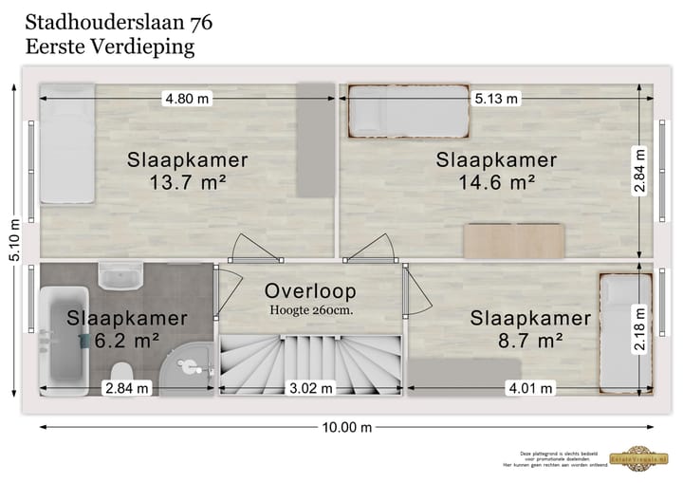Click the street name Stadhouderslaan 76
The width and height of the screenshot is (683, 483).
[119, 21]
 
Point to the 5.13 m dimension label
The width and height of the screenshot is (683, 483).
[498, 99]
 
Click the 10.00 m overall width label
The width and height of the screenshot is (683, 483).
[346, 427]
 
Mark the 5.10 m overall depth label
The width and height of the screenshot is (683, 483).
[13, 241]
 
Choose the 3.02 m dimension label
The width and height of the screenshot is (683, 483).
[310, 387]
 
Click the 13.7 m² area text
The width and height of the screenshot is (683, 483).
[188, 182]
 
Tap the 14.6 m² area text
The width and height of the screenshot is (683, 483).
[497, 182]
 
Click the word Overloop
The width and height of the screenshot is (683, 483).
[310, 290]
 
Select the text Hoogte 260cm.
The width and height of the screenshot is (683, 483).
[310, 310]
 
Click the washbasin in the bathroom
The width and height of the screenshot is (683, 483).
[121, 276]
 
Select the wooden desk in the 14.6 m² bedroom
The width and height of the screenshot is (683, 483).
[514, 241]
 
